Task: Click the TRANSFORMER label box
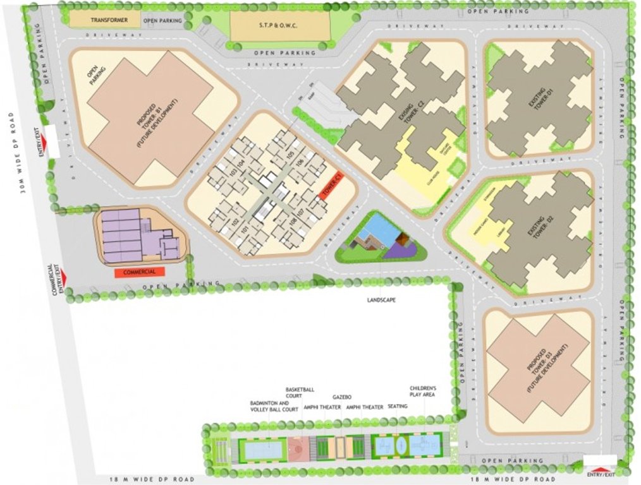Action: [x=109, y=20]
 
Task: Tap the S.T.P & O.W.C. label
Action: [x=273, y=25]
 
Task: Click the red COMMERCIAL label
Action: [x=139, y=272]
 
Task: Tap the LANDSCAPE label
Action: [x=381, y=300]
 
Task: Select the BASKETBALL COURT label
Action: [x=300, y=393]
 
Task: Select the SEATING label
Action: [x=398, y=407]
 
